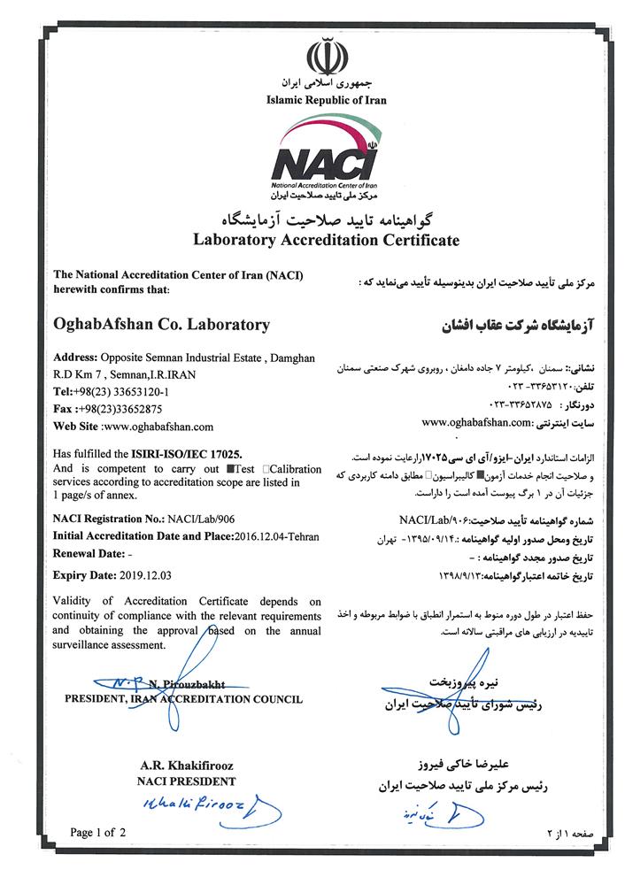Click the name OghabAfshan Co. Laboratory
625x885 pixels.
(x=162, y=325)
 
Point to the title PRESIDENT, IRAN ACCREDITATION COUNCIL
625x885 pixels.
(x=183, y=698)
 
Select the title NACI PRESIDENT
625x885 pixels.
(x=186, y=781)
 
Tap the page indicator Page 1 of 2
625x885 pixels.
(x=98, y=833)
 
